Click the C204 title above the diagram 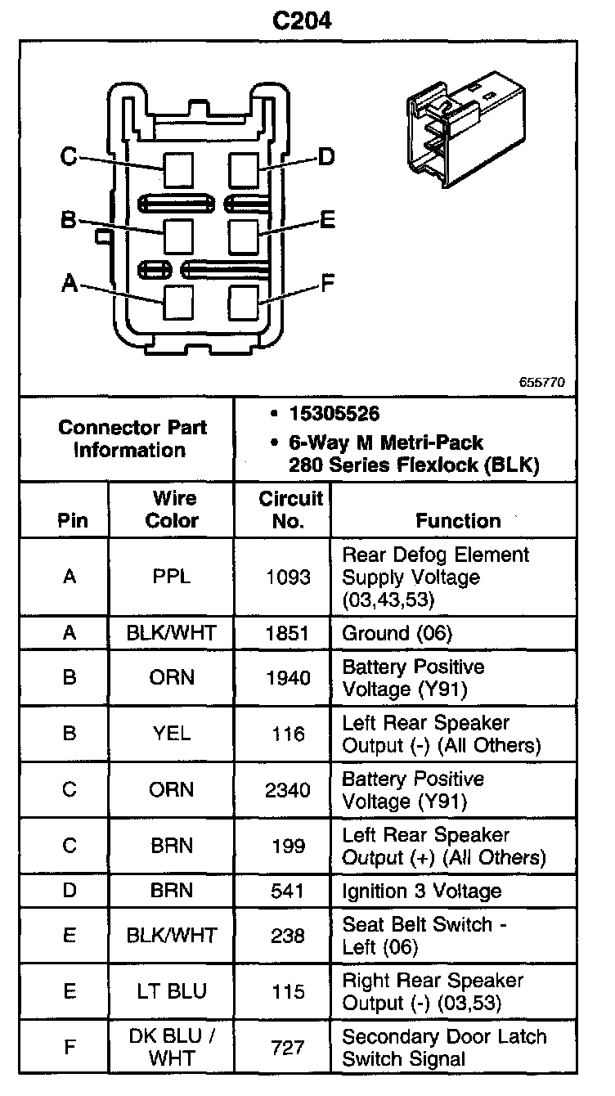point(302,21)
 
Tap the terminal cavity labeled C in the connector point(178,170)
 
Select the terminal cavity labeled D point(244,170)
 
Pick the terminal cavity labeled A point(178,303)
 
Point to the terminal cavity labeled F point(244,303)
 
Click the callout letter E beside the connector point(327,219)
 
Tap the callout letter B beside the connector point(69,219)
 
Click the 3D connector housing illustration point(466,129)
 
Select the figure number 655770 point(541,382)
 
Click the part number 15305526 point(334,414)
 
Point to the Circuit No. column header point(290,510)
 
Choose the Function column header point(459,520)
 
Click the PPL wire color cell point(171,577)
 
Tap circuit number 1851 point(287,634)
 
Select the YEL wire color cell point(171,734)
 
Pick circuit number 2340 point(288,790)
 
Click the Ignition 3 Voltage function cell point(422,891)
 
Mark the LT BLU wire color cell point(172,991)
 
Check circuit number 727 point(288,1048)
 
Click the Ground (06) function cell point(397,634)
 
